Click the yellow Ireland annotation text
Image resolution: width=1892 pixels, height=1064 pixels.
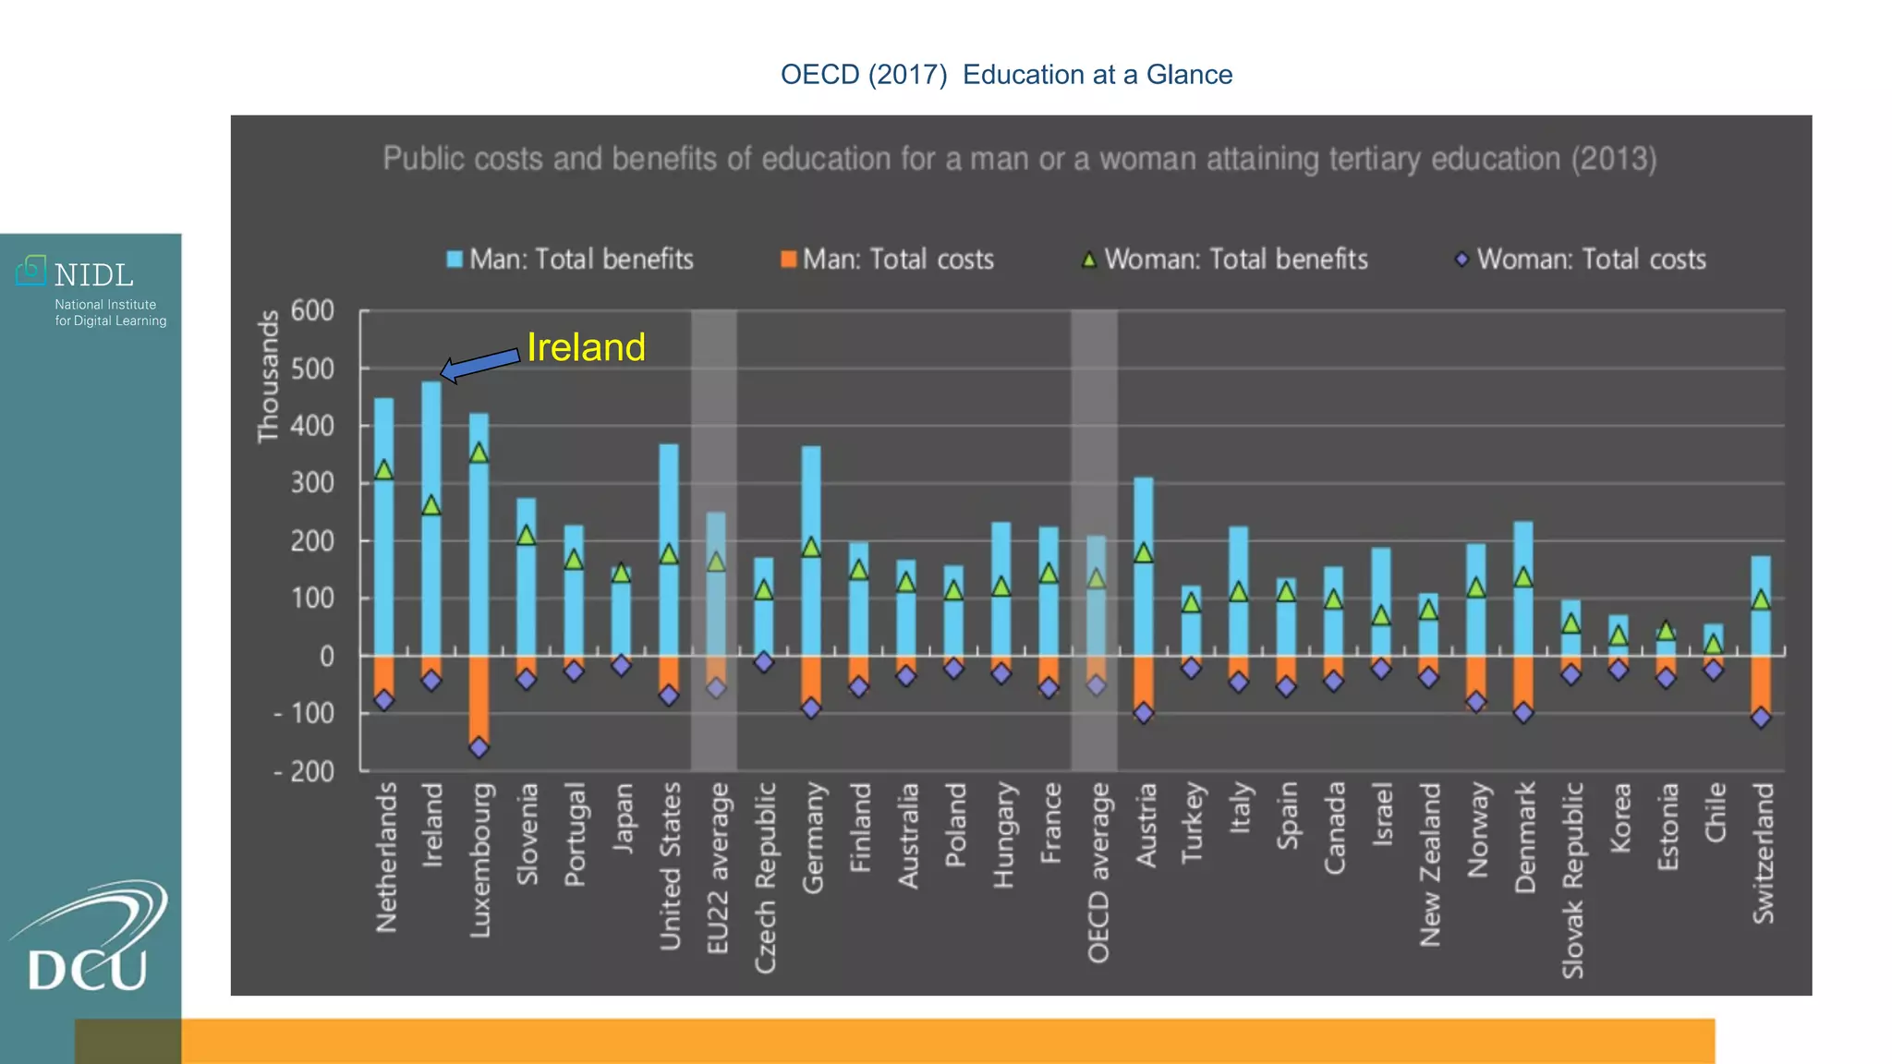(586, 347)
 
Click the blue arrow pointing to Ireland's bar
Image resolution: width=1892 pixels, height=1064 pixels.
(480, 364)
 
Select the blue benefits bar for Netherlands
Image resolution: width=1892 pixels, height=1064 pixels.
(383, 554)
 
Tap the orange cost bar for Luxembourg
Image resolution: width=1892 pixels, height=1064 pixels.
(479, 697)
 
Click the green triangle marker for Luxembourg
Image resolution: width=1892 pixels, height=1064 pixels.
(479, 453)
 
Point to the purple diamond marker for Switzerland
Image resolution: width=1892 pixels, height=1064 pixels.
(1761, 718)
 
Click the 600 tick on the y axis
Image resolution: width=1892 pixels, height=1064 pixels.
(312, 310)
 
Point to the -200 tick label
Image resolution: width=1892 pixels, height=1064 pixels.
(304, 771)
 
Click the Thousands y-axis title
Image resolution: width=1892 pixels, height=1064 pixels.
(268, 377)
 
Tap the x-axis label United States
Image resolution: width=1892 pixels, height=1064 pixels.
(670, 866)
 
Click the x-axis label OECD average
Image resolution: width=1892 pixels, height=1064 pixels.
(1097, 873)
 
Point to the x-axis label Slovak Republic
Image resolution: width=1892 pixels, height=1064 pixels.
(1572, 880)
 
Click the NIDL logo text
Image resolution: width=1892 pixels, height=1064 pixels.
(93, 275)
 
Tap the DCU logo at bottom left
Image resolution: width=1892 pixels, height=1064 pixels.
(89, 942)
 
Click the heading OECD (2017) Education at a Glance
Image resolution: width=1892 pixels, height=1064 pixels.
(1006, 75)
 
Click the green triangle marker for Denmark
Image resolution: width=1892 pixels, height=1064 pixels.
(1523, 577)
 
